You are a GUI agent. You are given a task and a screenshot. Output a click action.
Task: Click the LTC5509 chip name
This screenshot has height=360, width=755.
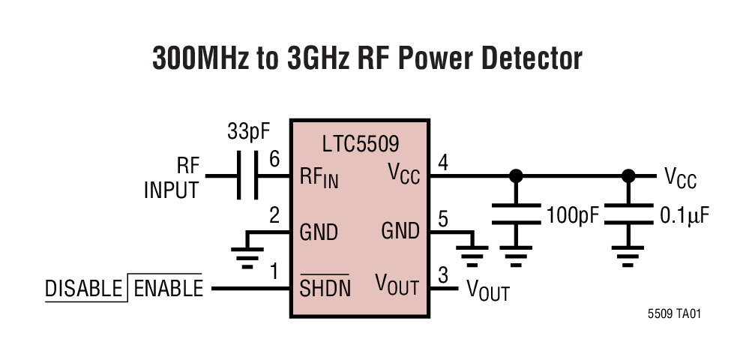[x=360, y=143]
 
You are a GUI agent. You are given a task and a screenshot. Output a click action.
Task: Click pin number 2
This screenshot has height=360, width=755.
[x=274, y=216]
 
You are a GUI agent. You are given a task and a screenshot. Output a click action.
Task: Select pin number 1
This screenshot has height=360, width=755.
[x=274, y=271]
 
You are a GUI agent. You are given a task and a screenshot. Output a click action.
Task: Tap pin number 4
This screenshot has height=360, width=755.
[x=442, y=160]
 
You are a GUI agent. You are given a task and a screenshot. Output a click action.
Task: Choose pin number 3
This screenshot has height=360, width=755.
[x=442, y=274]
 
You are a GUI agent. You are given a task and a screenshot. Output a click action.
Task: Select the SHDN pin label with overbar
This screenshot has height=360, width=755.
[x=325, y=287]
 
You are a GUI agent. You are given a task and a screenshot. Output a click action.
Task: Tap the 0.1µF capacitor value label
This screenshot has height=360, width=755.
[x=684, y=216]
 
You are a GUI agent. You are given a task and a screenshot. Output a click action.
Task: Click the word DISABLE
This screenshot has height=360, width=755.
[x=83, y=289]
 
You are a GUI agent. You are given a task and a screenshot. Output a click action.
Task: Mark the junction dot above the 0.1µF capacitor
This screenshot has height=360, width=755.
[x=628, y=176]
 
